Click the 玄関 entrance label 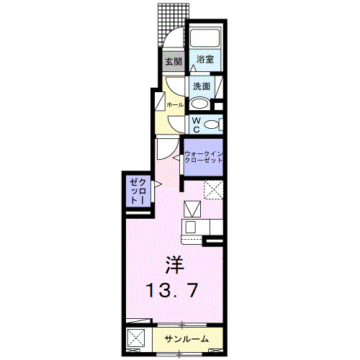tap(174, 62)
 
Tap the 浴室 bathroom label tap(205, 59)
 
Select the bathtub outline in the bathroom tap(205, 38)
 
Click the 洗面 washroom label tap(202, 86)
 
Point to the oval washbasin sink tap(199, 104)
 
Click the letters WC tap(197, 125)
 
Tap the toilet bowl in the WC tap(212, 125)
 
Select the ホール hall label tap(175, 105)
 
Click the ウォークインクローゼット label tap(204, 157)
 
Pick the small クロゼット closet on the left tap(138, 192)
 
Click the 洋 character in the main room tap(174, 265)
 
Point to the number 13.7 tap(172, 290)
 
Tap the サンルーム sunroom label tap(186, 339)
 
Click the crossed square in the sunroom tap(136, 338)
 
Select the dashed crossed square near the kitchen tap(214, 190)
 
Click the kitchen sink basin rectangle tap(191, 227)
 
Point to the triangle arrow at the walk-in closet tap(176, 158)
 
